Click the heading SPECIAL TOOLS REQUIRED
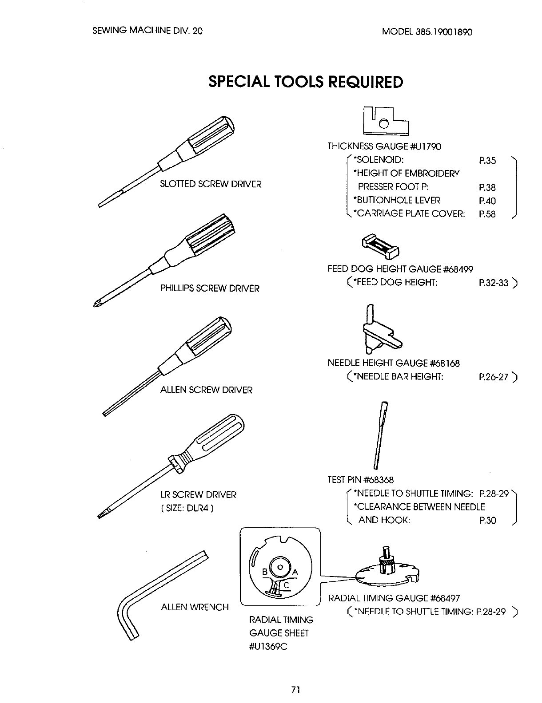point(306,82)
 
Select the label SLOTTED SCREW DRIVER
point(211,184)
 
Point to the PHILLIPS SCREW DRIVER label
point(210,288)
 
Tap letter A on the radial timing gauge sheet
point(295,572)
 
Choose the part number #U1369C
point(269,646)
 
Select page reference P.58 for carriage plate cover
point(487,214)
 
